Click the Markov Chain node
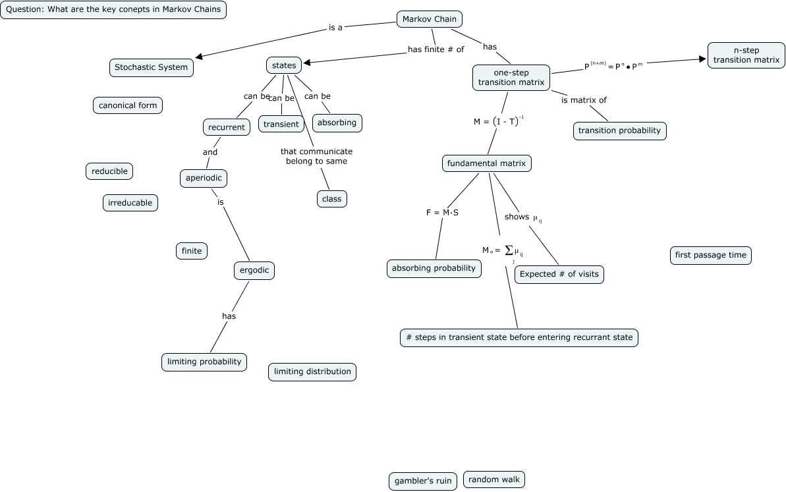429,19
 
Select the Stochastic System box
151,67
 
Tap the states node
284,65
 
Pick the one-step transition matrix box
511,77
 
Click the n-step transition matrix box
746,55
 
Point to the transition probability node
619,130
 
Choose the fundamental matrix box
486,163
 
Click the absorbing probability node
434,268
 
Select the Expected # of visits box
559,275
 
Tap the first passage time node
710,255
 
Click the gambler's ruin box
423,481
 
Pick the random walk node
493,479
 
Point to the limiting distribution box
312,371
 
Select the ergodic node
254,270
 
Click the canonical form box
128,105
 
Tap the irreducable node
130,203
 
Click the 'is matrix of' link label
584,100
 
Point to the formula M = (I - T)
498,121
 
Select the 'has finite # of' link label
435,49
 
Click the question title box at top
113,10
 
